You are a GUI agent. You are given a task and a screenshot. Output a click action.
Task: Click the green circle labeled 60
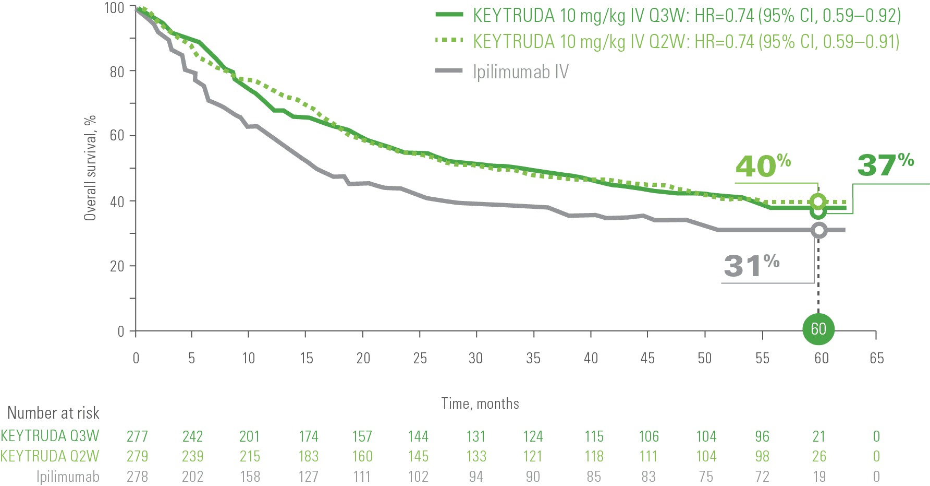818,329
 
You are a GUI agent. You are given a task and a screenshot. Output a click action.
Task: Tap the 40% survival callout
763,166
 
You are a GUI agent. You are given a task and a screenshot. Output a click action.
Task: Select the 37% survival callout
885,164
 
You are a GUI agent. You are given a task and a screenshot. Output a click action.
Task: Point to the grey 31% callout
751,265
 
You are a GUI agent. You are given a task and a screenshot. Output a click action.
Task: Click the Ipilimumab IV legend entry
520,72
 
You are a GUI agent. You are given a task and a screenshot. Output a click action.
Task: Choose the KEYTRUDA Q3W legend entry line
449,15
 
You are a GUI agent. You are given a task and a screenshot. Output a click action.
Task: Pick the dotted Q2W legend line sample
449,41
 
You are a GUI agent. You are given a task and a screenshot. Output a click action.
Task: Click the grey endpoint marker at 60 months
819,230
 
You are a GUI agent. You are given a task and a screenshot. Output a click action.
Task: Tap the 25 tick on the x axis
420,358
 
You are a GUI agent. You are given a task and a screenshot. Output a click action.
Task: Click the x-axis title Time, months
480,404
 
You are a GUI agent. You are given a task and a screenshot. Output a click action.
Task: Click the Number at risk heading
53,413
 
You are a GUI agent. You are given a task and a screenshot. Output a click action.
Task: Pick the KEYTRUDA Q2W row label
50,456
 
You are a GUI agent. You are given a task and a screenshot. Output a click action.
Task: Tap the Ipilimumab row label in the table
68,477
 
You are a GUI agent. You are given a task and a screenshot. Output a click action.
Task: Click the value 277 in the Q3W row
137,436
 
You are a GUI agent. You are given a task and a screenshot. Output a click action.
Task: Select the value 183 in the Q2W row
308,456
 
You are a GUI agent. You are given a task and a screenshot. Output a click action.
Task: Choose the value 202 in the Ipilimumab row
192,477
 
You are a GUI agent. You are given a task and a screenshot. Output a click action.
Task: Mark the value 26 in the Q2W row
819,456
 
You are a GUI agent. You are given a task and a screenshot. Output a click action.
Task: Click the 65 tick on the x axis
876,358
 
